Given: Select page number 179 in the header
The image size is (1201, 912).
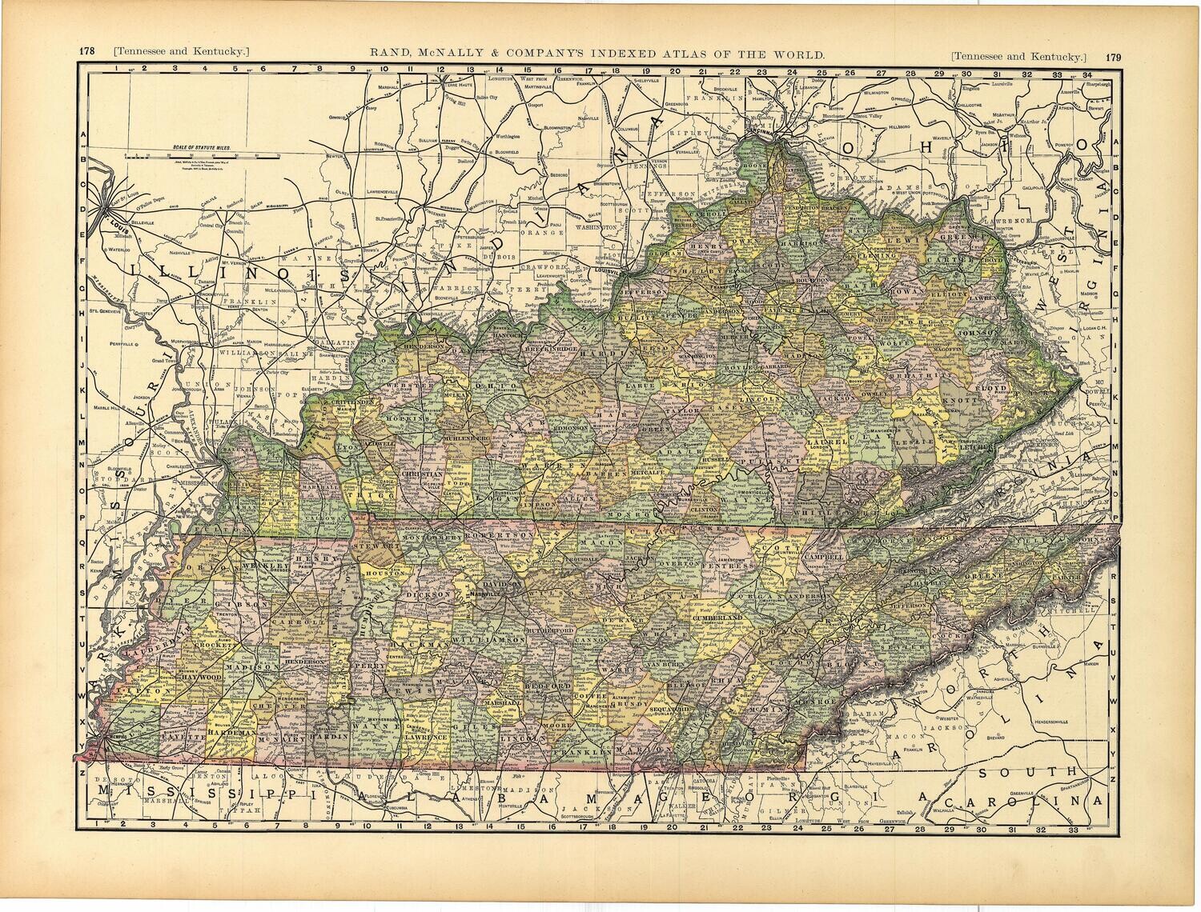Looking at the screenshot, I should (1112, 57).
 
